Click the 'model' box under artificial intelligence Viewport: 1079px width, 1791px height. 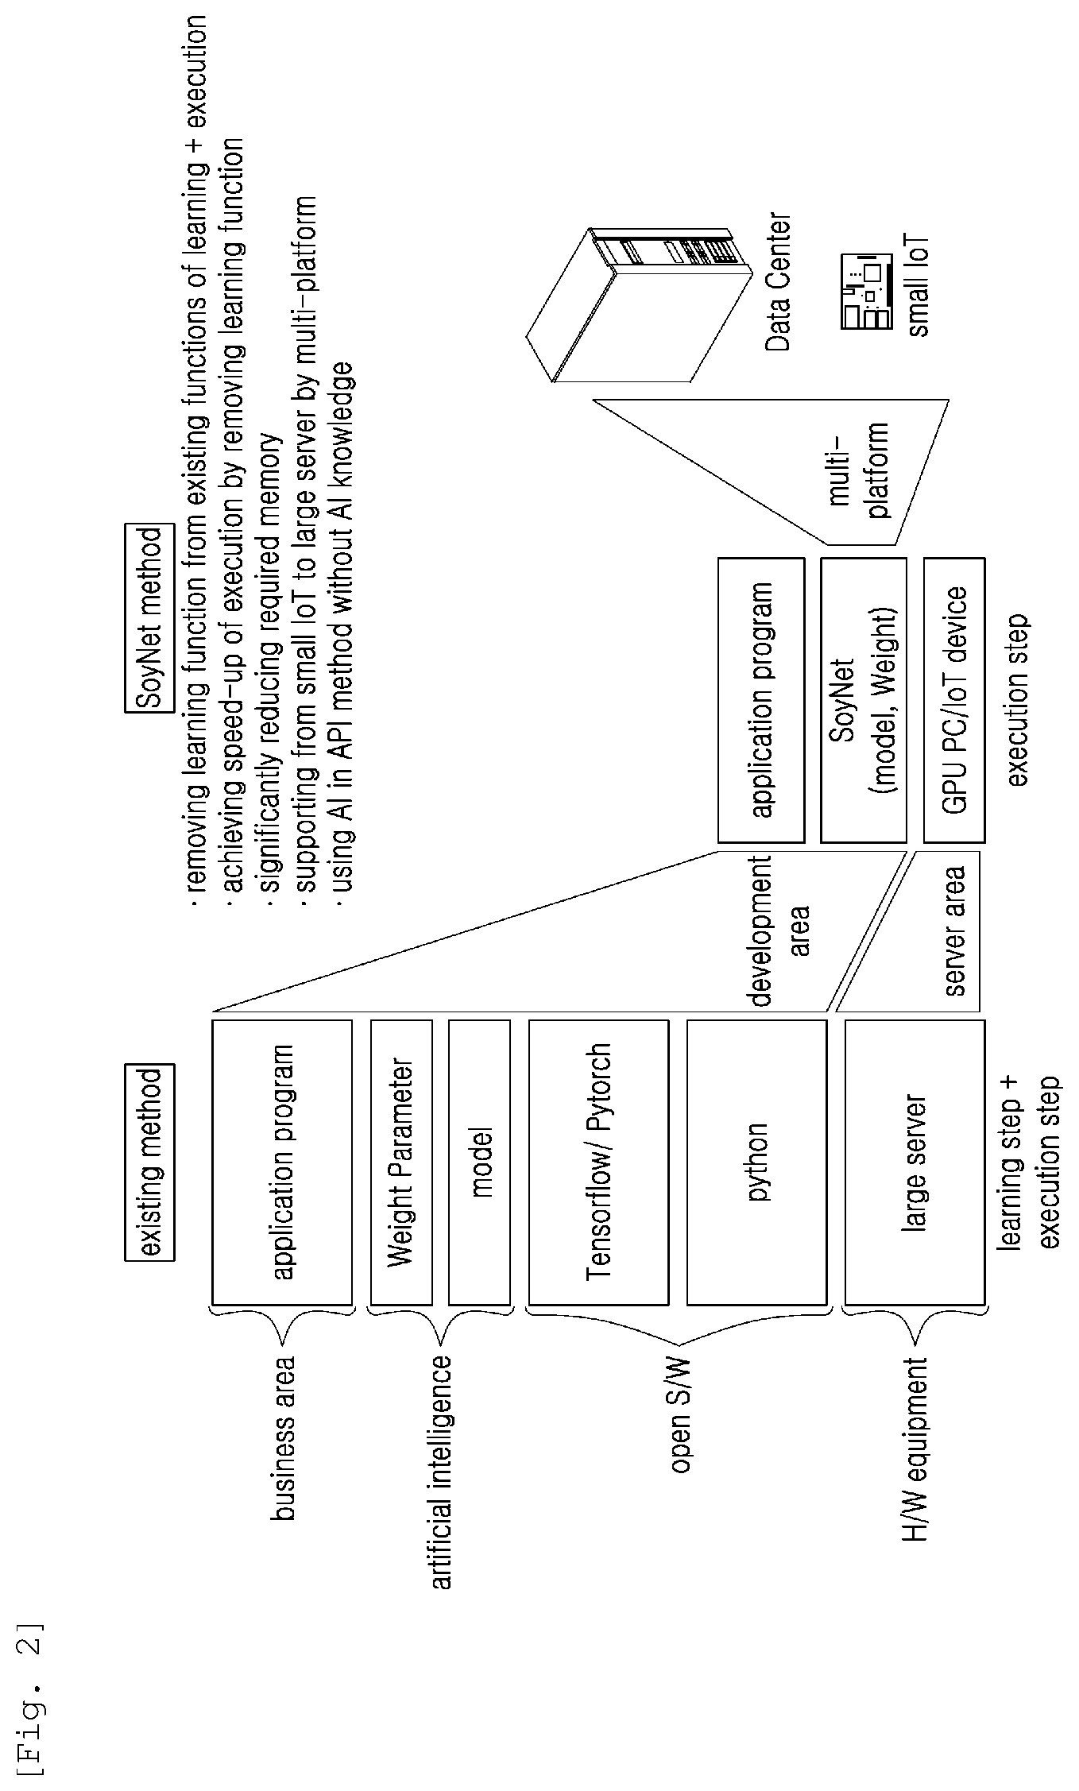[479, 1162]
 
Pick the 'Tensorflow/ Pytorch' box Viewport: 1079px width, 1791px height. [598, 1162]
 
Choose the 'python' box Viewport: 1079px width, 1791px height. [756, 1162]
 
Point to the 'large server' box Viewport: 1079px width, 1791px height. [915, 1162]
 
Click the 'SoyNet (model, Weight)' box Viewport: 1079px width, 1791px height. [863, 700]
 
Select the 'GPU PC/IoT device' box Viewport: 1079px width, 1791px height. [954, 700]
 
